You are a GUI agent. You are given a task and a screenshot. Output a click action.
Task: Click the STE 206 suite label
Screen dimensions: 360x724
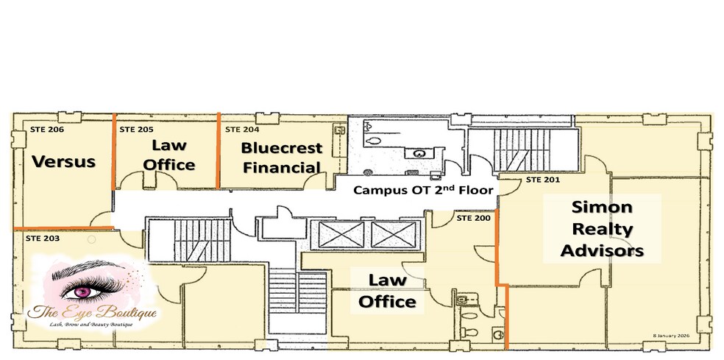pos(47,130)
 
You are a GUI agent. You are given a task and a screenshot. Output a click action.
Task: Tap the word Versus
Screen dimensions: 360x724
pos(64,160)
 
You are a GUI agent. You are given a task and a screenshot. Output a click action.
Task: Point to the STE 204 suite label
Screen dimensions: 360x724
pos(242,130)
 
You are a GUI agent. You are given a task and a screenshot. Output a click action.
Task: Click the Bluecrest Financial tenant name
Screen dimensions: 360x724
pos(282,157)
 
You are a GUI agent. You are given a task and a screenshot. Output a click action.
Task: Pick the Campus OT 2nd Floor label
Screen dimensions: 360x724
pos(422,189)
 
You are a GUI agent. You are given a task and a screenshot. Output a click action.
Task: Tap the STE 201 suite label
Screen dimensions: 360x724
pos(543,179)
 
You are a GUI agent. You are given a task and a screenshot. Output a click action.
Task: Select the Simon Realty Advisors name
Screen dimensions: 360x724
pos(601,228)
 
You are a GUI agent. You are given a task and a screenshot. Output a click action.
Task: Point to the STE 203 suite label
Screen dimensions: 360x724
pos(43,239)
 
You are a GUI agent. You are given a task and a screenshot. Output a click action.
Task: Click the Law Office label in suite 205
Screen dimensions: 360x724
pos(169,154)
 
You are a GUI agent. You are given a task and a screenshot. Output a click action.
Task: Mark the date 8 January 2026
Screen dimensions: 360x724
pos(686,333)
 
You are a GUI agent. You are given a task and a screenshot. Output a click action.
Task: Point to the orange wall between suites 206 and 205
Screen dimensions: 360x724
pos(114,151)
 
